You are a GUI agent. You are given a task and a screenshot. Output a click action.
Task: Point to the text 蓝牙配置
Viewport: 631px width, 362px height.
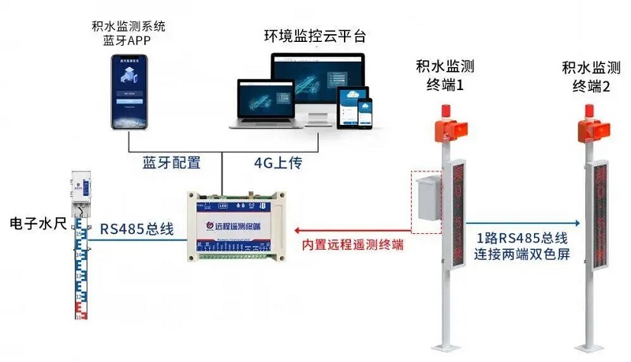171,164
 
